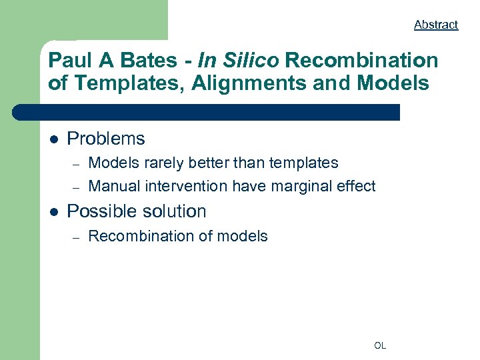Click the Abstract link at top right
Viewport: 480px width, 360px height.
click(436, 25)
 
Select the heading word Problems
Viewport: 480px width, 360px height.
click(106, 139)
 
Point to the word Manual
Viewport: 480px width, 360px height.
click(113, 186)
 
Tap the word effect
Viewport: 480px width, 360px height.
click(356, 186)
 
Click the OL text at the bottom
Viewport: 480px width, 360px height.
click(380, 345)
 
